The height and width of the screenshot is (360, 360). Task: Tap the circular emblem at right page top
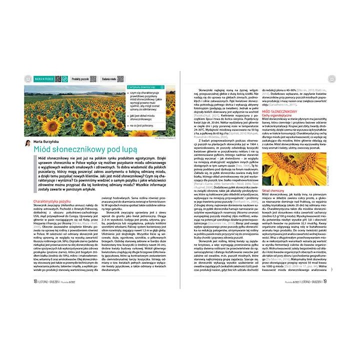tap(331, 79)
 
